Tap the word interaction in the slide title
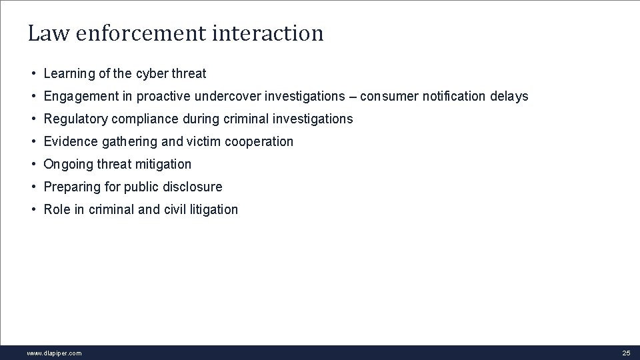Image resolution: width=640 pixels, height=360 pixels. (267, 33)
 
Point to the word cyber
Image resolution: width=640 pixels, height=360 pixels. (150, 73)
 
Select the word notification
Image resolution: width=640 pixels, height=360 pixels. (455, 96)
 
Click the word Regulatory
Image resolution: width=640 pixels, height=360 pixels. (75, 119)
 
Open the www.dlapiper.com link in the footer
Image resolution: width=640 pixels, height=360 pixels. (54, 353)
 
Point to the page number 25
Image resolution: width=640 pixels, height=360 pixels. (625, 353)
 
